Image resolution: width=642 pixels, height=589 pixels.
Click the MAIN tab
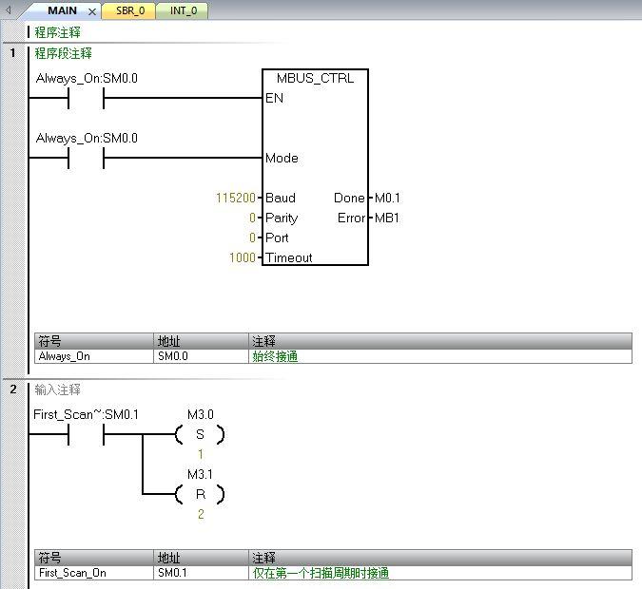click(x=62, y=11)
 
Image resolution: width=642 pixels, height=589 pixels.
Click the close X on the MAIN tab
click(x=92, y=12)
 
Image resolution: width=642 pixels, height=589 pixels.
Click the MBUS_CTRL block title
click(x=315, y=78)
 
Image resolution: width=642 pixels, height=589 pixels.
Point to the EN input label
click(x=274, y=98)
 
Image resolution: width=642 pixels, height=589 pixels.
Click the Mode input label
click(x=282, y=159)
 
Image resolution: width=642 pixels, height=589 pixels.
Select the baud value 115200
click(x=236, y=199)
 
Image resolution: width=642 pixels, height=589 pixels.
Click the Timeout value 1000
click(x=243, y=257)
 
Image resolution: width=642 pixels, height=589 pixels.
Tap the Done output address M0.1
click(x=388, y=199)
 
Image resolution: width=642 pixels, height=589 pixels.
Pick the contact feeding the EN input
click(x=86, y=98)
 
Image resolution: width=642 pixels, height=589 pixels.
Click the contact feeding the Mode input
click(x=86, y=159)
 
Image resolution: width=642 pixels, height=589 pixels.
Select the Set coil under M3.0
click(x=200, y=435)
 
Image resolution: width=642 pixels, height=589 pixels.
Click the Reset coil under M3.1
click(x=200, y=494)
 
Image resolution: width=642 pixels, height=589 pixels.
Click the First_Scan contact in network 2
click(x=86, y=435)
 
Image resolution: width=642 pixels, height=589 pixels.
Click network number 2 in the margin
click(x=13, y=389)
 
